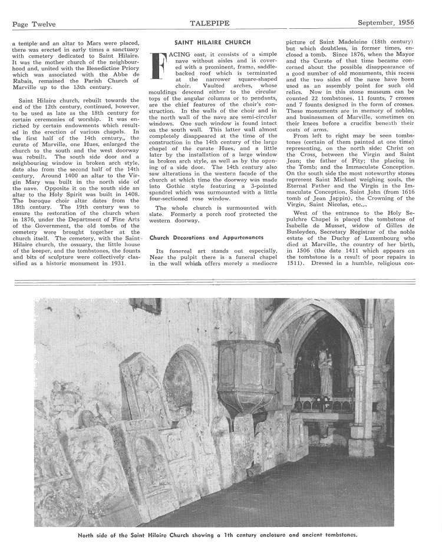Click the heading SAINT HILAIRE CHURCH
coord(213,42)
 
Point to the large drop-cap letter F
coord(158,66)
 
